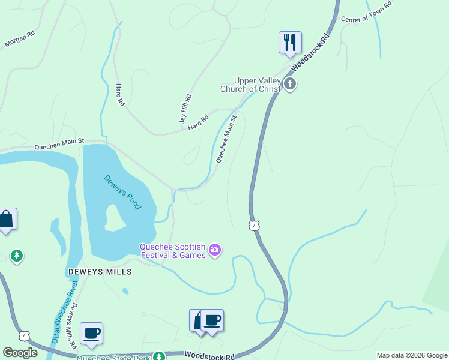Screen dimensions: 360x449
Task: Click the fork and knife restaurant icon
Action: point(290,42)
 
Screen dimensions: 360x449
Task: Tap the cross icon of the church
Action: point(290,84)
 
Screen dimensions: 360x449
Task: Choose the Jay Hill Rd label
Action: point(185,109)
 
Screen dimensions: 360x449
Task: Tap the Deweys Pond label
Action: point(122,192)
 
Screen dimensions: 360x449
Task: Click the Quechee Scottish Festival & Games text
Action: point(173,251)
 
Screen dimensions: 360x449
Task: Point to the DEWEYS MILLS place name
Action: point(100,272)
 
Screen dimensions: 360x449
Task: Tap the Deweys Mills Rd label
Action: point(73,324)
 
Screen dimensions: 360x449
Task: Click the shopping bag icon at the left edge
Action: point(6,220)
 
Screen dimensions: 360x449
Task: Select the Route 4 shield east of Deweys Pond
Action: point(255,226)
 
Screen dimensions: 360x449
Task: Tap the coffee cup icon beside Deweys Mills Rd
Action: point(91,333)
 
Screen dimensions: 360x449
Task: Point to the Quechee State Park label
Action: point(114,358)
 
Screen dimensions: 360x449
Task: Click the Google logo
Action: point(20,353)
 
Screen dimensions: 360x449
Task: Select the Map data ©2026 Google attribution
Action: point(412,355)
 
